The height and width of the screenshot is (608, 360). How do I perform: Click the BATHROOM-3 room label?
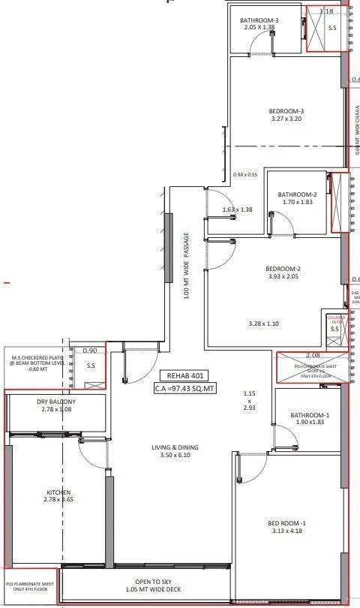click(259, 20)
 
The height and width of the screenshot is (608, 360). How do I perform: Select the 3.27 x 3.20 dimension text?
click(286, 119)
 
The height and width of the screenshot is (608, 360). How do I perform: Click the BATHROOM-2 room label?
click(297, 194)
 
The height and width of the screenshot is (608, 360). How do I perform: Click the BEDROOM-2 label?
click(283, 269)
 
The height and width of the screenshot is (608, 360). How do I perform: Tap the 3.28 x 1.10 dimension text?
click(263, 324)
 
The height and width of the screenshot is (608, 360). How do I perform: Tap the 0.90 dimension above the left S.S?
click(90, 351)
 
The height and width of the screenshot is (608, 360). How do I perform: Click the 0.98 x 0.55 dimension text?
click(245, 174)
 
